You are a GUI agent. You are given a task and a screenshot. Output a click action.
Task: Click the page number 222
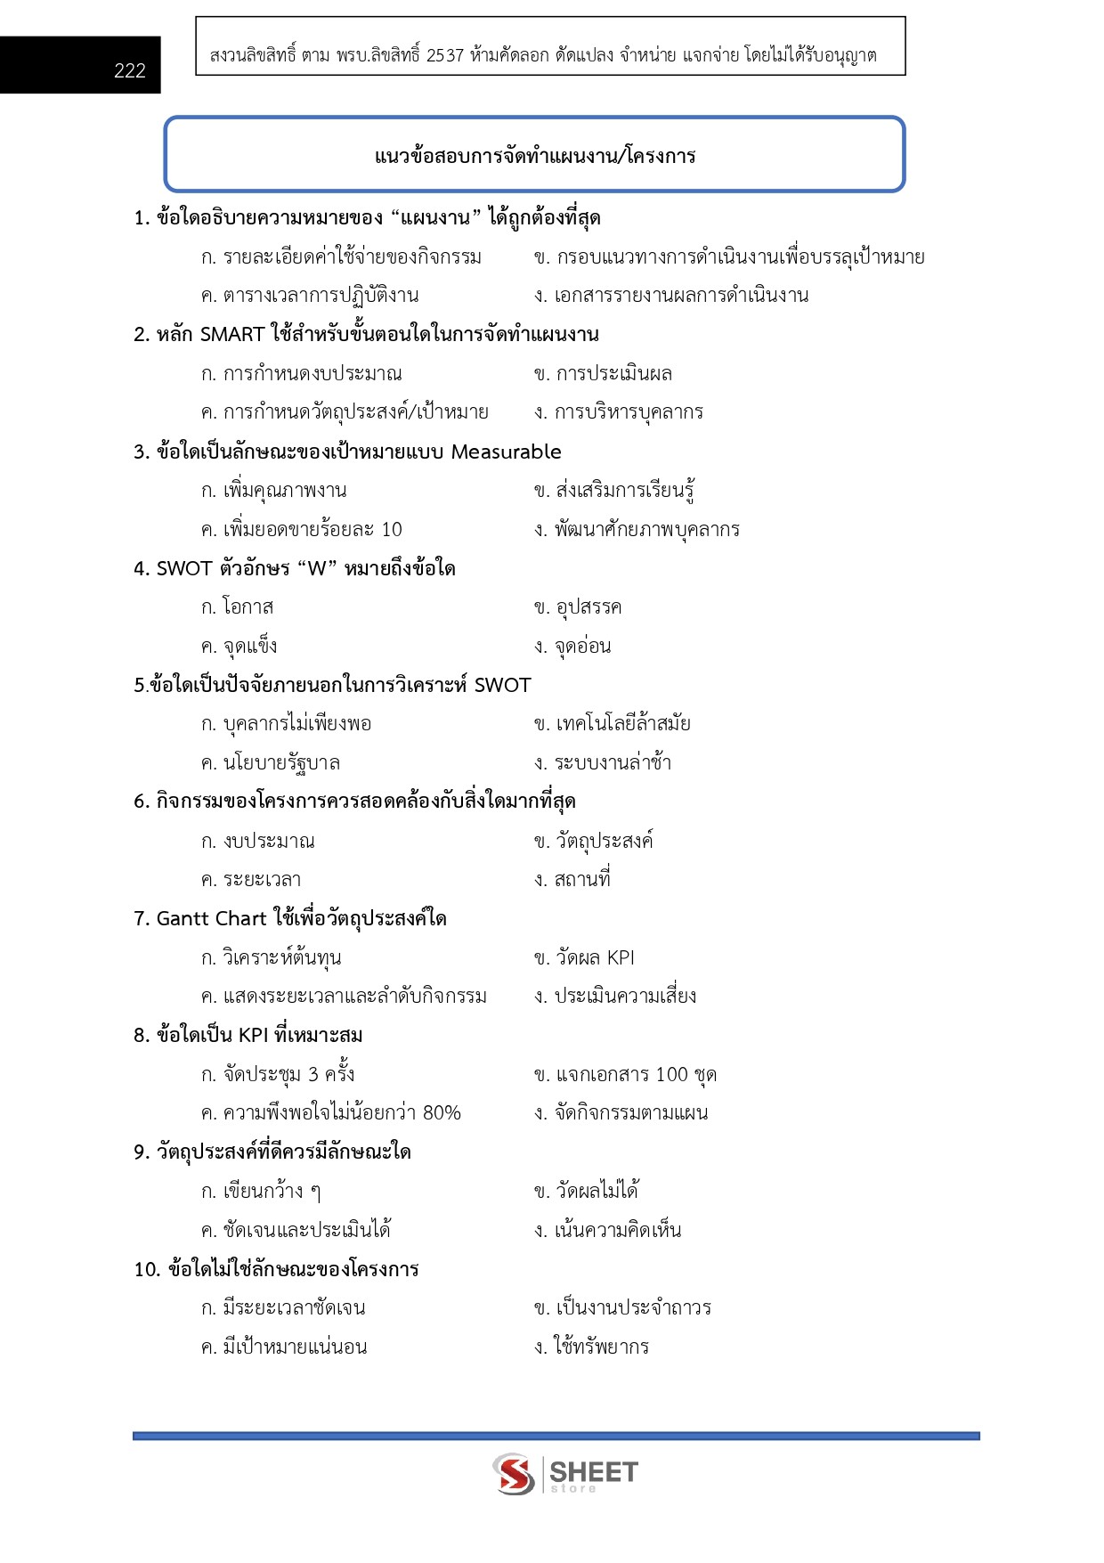(129, 71)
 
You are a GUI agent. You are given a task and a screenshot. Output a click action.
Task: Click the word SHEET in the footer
(594, 1471)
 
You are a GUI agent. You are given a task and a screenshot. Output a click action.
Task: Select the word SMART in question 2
(232, 335)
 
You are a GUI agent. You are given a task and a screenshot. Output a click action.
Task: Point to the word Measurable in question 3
(506, 452)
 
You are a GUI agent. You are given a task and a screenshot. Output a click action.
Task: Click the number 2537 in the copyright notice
(445, 55)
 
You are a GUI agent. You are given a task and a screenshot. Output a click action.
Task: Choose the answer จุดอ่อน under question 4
(582, 647)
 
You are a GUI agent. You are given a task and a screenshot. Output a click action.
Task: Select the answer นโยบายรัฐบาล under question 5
(281, 763)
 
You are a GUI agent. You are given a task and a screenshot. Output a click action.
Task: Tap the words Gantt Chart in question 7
(211, 918)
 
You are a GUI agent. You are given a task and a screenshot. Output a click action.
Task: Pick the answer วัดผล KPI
(595, 958)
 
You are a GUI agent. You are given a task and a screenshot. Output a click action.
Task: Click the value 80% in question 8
(442, 1113)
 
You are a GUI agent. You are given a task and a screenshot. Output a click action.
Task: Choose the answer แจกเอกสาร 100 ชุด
(636, 1075)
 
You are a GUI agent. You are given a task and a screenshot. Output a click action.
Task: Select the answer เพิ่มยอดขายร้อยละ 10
(313, 530)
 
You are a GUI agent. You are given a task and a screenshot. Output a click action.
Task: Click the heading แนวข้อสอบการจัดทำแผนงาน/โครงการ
(535, 157)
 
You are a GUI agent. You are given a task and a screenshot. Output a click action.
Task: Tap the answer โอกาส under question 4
(248, 607)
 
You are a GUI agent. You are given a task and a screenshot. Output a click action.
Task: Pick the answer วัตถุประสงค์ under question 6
(605, 841)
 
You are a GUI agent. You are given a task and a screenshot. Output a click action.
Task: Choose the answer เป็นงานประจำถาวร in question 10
(633, 1308)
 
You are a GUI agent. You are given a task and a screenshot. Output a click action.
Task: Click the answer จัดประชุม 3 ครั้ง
(288, 1075)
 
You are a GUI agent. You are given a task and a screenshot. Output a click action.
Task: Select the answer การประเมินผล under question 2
(613, 374)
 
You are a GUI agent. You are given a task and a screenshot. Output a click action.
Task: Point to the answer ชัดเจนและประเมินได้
(306, 1231)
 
